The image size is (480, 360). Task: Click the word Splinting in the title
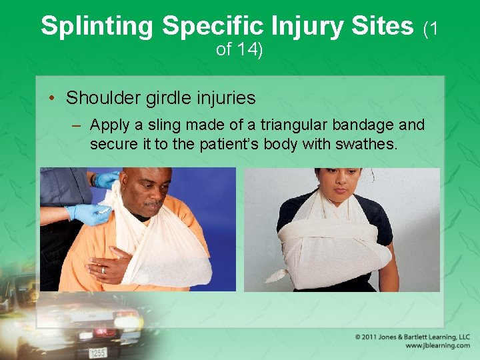click(x=97, y=26)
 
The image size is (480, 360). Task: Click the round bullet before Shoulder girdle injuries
click(x=52, y=99)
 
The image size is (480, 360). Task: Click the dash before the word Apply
click(x=79, y=125)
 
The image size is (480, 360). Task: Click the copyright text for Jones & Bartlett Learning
click(x=413, y=337)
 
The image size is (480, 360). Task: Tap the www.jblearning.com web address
click(x=437, y=346)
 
